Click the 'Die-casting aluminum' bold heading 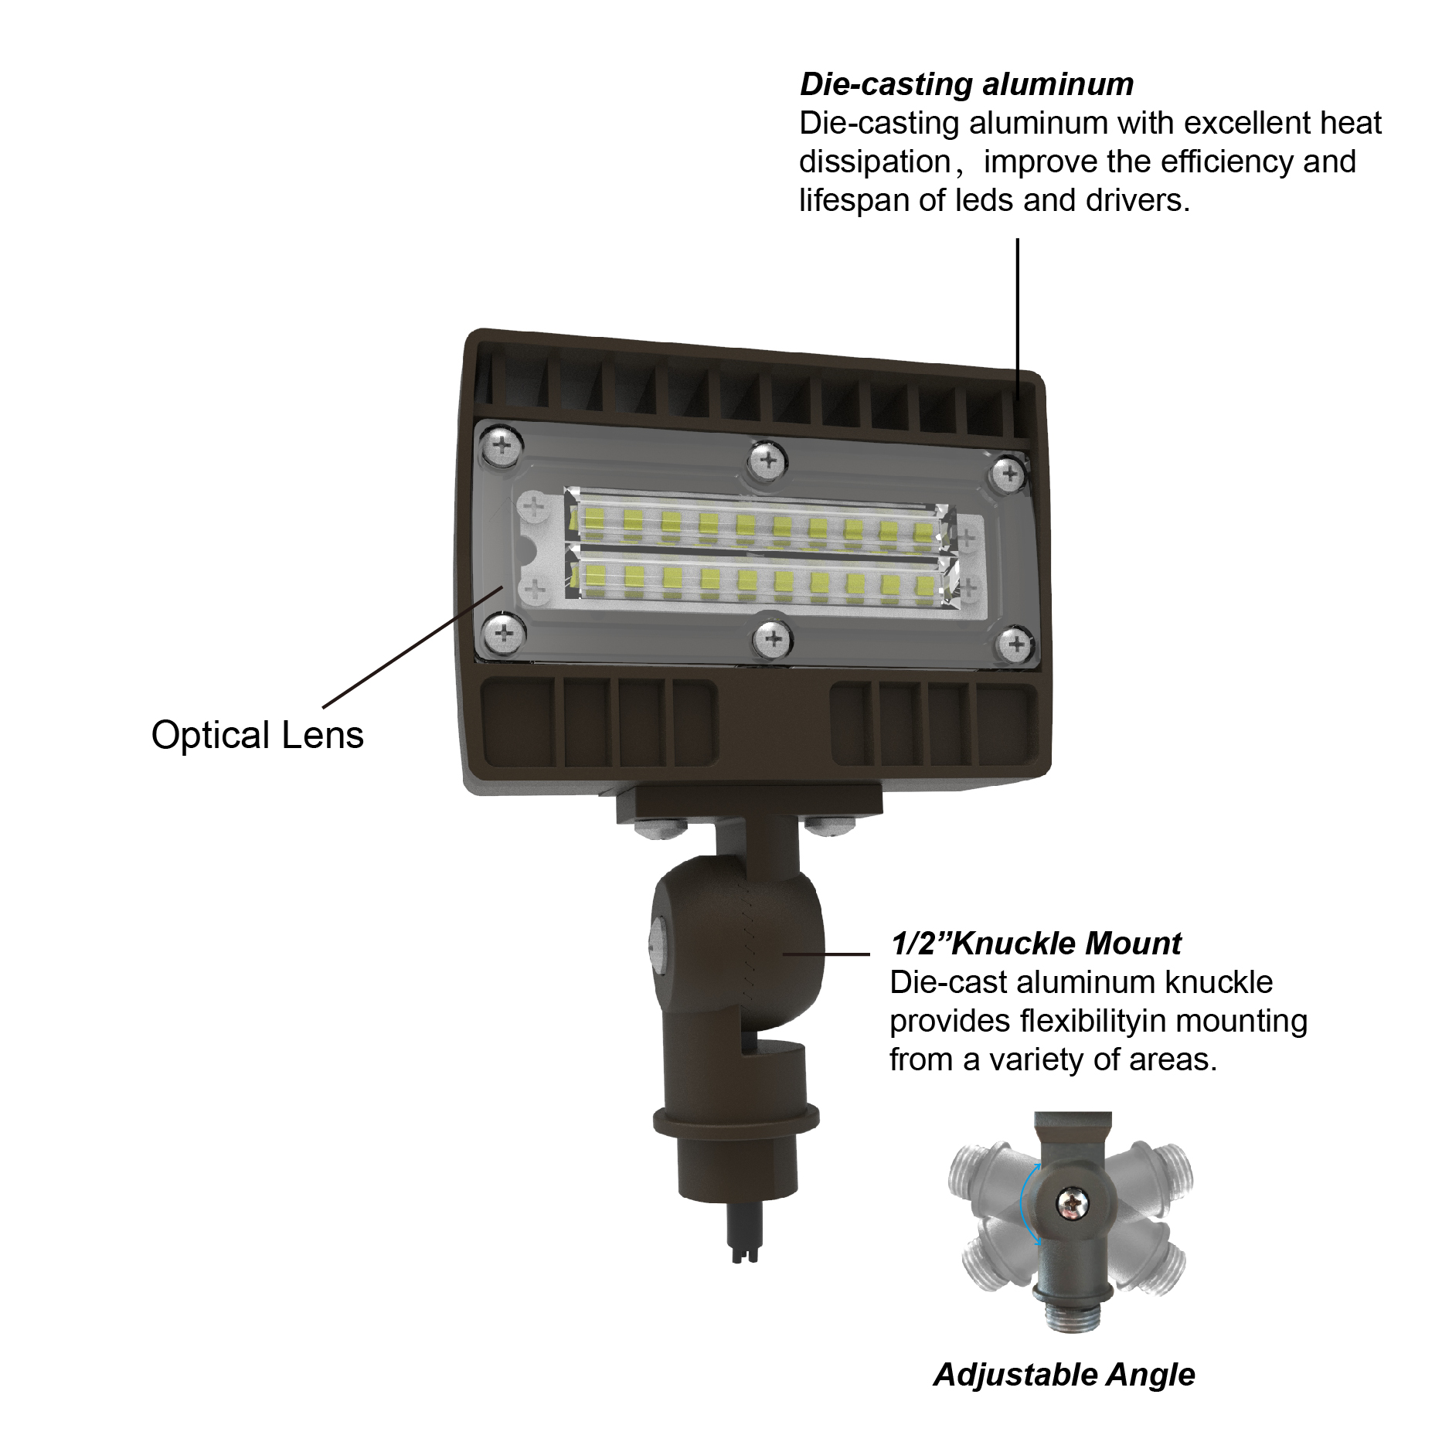coord(966,85)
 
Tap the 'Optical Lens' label coord(257,735)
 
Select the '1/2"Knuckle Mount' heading coord(1036,944)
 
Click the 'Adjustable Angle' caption coord(1064,1374)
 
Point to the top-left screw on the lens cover coord(502,445)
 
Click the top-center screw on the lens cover coord(768,461)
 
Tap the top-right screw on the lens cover coord(1008,473)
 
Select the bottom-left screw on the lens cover coord(503,634)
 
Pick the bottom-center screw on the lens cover coord(772,638)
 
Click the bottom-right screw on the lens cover coord(1016,643)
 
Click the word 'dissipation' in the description coord(874,162)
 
